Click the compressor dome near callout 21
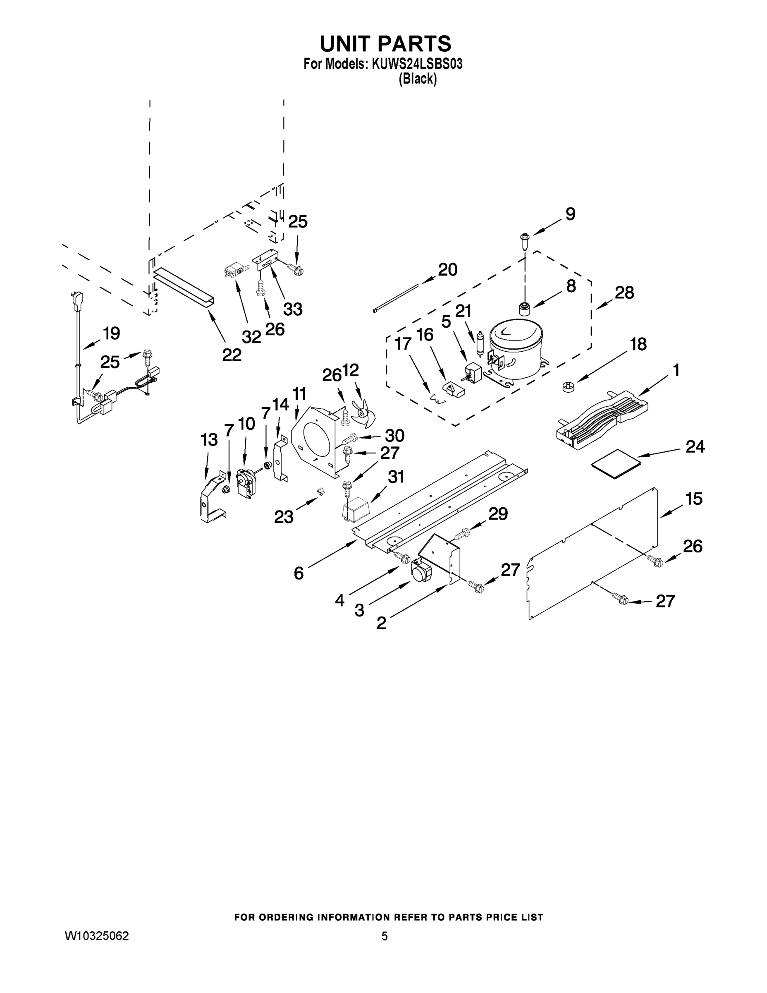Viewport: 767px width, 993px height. click(x=516, y=348)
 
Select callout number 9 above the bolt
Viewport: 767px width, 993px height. click(x=570, y=213)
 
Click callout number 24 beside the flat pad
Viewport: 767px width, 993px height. click(x=695, y=446)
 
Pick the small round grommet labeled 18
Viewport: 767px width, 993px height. click(x=569, y=387)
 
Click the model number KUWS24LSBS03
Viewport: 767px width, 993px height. click(x=417, y=64)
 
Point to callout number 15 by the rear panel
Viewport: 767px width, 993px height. click(x=694, y=499)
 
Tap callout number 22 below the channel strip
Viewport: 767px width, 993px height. click(x=232, y=354)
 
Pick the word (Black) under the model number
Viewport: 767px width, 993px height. click(x=418, y=79)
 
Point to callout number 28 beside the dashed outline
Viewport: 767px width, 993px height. click(x=624, y=293)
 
